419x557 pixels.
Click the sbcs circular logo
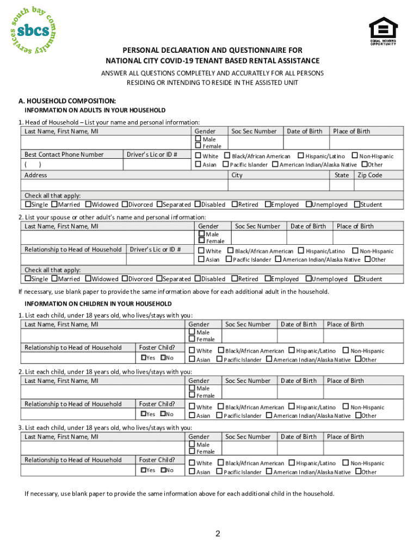[x=33, y=30]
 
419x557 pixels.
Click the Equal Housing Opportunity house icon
[x=383, y=27]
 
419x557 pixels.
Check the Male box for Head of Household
[x=198, y=139]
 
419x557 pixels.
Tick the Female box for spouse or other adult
[x=202, y=240]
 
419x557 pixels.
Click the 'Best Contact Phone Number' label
[x=64, y=154]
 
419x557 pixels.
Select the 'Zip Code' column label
[x=369, y=175]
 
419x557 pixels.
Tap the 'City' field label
[x=237, y=175]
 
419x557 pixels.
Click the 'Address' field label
[x=35, y=175]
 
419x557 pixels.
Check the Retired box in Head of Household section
[x=234, y=205]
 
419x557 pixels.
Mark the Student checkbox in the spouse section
[x=356, y=279]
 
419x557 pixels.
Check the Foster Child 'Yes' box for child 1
[x=143, y=357]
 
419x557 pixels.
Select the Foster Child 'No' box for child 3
[x=163, y=469]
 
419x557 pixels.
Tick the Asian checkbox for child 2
[x=192, y=416]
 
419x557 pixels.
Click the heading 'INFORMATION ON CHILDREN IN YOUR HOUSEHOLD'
[x=98, y=304]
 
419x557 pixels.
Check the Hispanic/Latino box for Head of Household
[x=300, y=156]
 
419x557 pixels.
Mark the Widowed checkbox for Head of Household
[x=88, y=205]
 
